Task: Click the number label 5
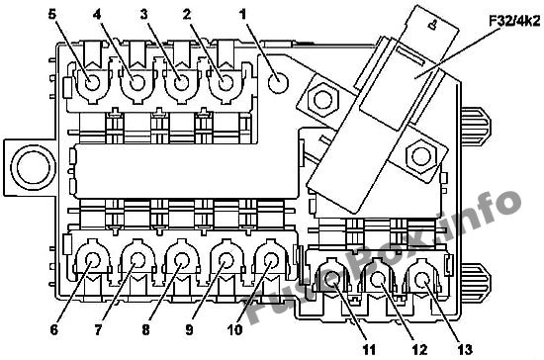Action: pos(51,15)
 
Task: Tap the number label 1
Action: pos(243,14)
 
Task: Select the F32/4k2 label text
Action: pos(514,22)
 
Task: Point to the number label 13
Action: pos(465,349)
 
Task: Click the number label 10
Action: pos(234,329)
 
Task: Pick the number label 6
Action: pos(53,329)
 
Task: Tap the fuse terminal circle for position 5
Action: pos(93,83)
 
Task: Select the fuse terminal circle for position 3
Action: pos(181,84)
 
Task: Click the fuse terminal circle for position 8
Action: pos(181,260)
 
